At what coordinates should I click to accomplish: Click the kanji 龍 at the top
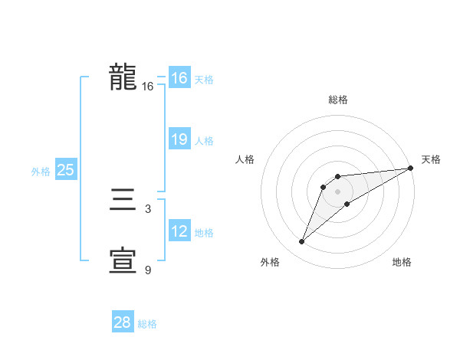coord(123,78)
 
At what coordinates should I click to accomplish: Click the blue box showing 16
coord(179,78)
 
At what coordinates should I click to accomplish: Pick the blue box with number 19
coord(179,139)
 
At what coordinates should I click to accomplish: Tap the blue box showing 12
coord(179,231)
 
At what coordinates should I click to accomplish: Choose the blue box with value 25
coord(65,170)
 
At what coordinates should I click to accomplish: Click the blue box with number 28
coord(123,322)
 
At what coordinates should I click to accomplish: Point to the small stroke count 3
coord(148,208)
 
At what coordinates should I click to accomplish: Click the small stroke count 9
coord(148,270)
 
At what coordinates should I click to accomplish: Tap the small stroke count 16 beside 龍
coord(148,87)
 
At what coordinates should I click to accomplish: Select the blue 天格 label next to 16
coord(204,79)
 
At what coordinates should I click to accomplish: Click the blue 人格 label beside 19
coord(204,140)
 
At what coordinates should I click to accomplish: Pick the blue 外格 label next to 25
coord(41,171)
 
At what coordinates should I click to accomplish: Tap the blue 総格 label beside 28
coord(147,323)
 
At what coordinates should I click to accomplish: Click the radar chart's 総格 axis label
coord(337,100)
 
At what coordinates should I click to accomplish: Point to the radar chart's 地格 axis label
coord(402,262)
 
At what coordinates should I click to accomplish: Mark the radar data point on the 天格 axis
coord(410,168)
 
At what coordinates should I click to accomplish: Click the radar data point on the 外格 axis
coord(302,242)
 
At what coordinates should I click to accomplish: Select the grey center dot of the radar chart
coord(337,191)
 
